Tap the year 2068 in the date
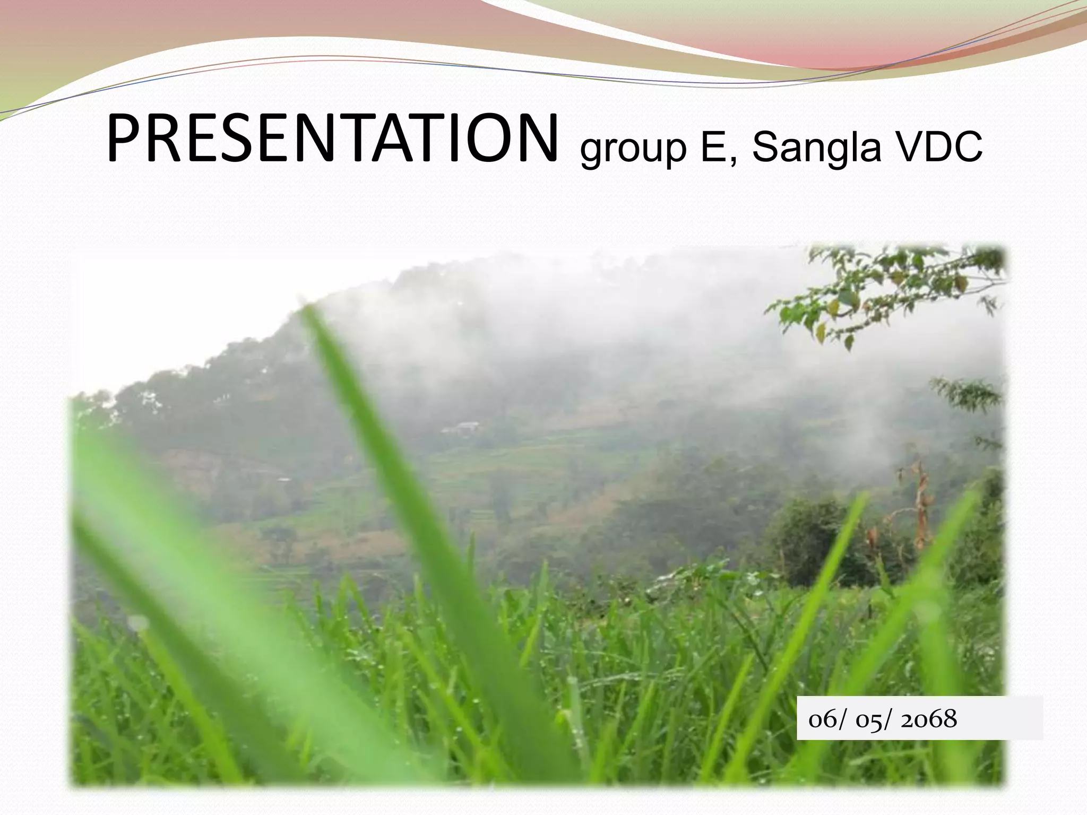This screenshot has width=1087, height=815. pos(929,719)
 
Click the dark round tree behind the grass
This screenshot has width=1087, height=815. pos(812,536)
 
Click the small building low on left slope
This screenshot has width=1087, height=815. pos(283,480)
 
